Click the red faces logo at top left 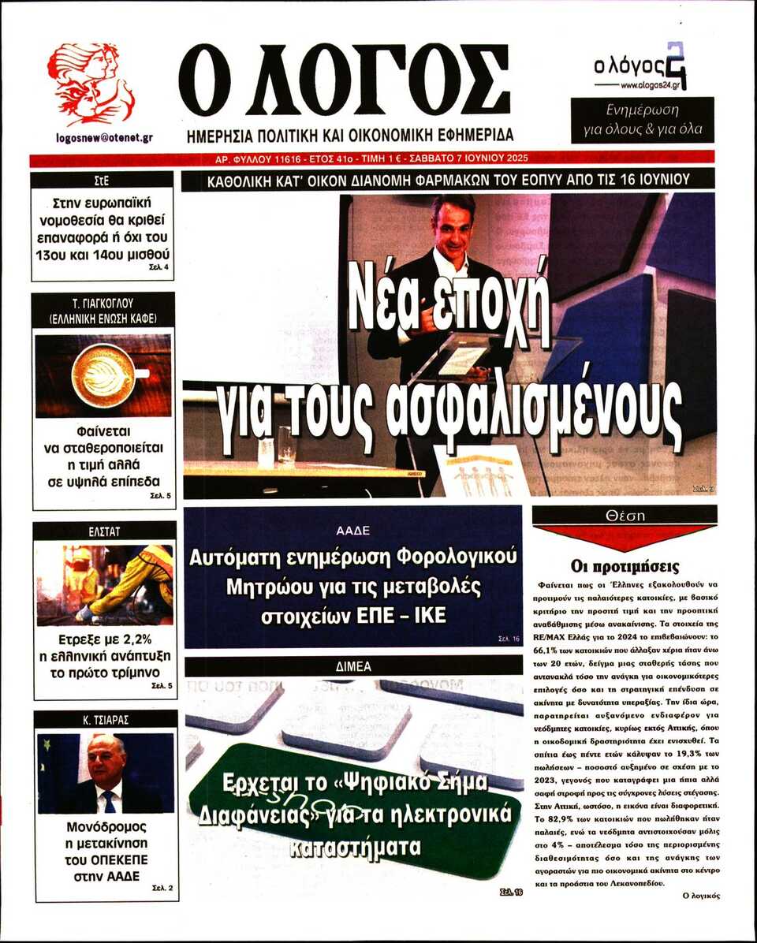(91, 84)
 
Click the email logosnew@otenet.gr (104, 137)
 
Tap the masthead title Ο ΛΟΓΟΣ (345, 80)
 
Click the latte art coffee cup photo (103, 375)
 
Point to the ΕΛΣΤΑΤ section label (104, 532)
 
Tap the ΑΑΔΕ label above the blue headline (352, 530)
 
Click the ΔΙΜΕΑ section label (352, 666)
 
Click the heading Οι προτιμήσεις (625, 566)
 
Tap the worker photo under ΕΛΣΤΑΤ (103, 584)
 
